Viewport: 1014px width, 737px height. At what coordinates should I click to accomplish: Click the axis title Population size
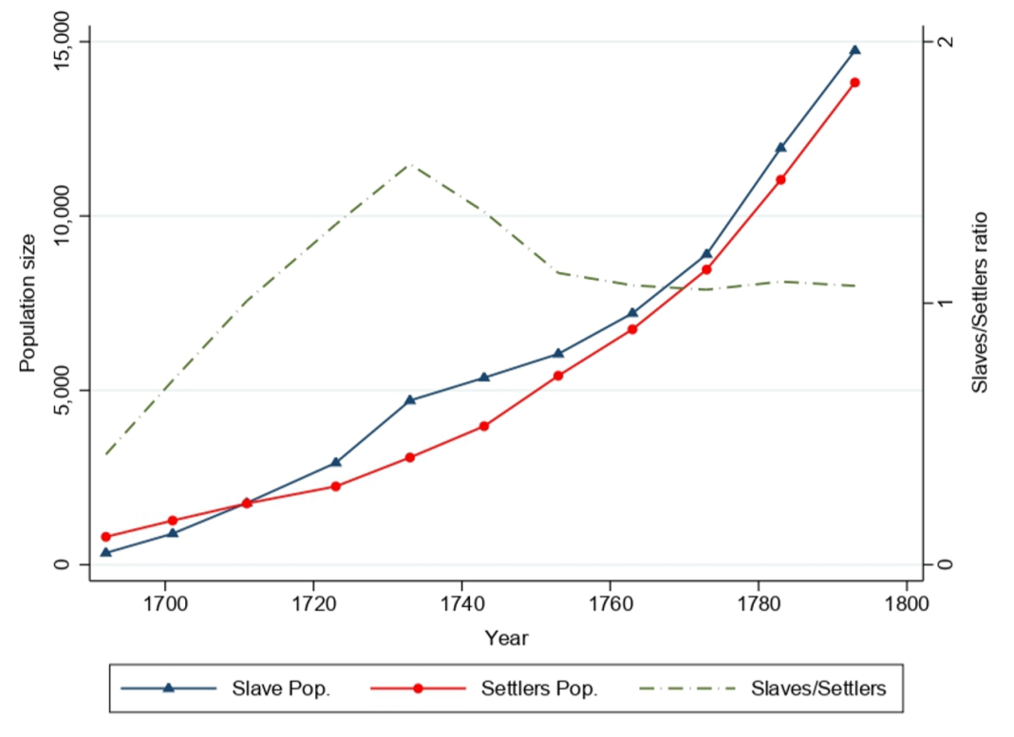click(27, 303)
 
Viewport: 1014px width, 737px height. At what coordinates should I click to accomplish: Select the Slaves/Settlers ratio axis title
click(982, 303)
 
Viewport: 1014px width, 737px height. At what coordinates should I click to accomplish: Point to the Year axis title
click(506, 638)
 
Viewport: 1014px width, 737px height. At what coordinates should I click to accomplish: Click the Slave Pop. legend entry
click(281, 689)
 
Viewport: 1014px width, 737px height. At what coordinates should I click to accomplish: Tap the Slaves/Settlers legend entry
click(818, 689)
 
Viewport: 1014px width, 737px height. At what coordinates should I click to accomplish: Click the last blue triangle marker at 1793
click(854, 50)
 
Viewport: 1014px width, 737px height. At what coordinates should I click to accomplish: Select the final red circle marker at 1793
click(854, 83)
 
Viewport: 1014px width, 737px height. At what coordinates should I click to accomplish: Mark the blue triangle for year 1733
click(410, 400)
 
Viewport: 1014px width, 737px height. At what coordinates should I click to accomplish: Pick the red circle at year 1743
click(484, 426)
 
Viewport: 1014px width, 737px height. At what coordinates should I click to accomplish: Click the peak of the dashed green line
click(410, 164)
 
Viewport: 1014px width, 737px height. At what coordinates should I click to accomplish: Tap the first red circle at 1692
click(106, 537)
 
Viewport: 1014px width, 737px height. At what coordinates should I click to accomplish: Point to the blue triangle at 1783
click(780, 148)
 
